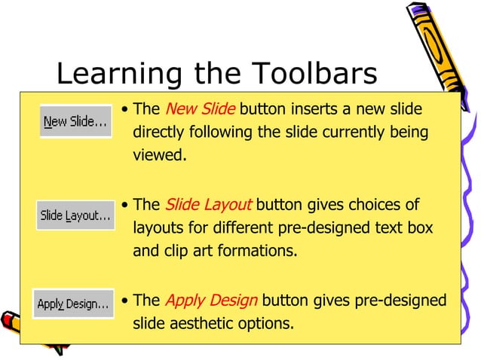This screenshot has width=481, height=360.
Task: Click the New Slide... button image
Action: click(x=75, y=121)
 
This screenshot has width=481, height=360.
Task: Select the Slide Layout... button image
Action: click(x=75, y=215)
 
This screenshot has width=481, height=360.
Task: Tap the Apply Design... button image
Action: click(x=73, y=304)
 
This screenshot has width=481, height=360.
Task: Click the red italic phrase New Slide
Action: click(x=200, y=109)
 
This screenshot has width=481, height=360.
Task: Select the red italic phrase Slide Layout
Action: click(x=208, y=205)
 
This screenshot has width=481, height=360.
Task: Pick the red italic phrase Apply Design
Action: click(x=211, y=301)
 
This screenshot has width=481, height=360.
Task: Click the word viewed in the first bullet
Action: click(x=158, y=156)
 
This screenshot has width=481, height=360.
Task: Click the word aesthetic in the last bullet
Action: click(x=201, y=324)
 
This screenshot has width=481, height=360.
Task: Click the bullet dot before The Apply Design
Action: click(x=124, y=301)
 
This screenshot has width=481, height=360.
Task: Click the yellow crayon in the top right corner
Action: click(x=441, y=45)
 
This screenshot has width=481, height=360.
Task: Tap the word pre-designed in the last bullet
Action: click(x=404, y=301)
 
